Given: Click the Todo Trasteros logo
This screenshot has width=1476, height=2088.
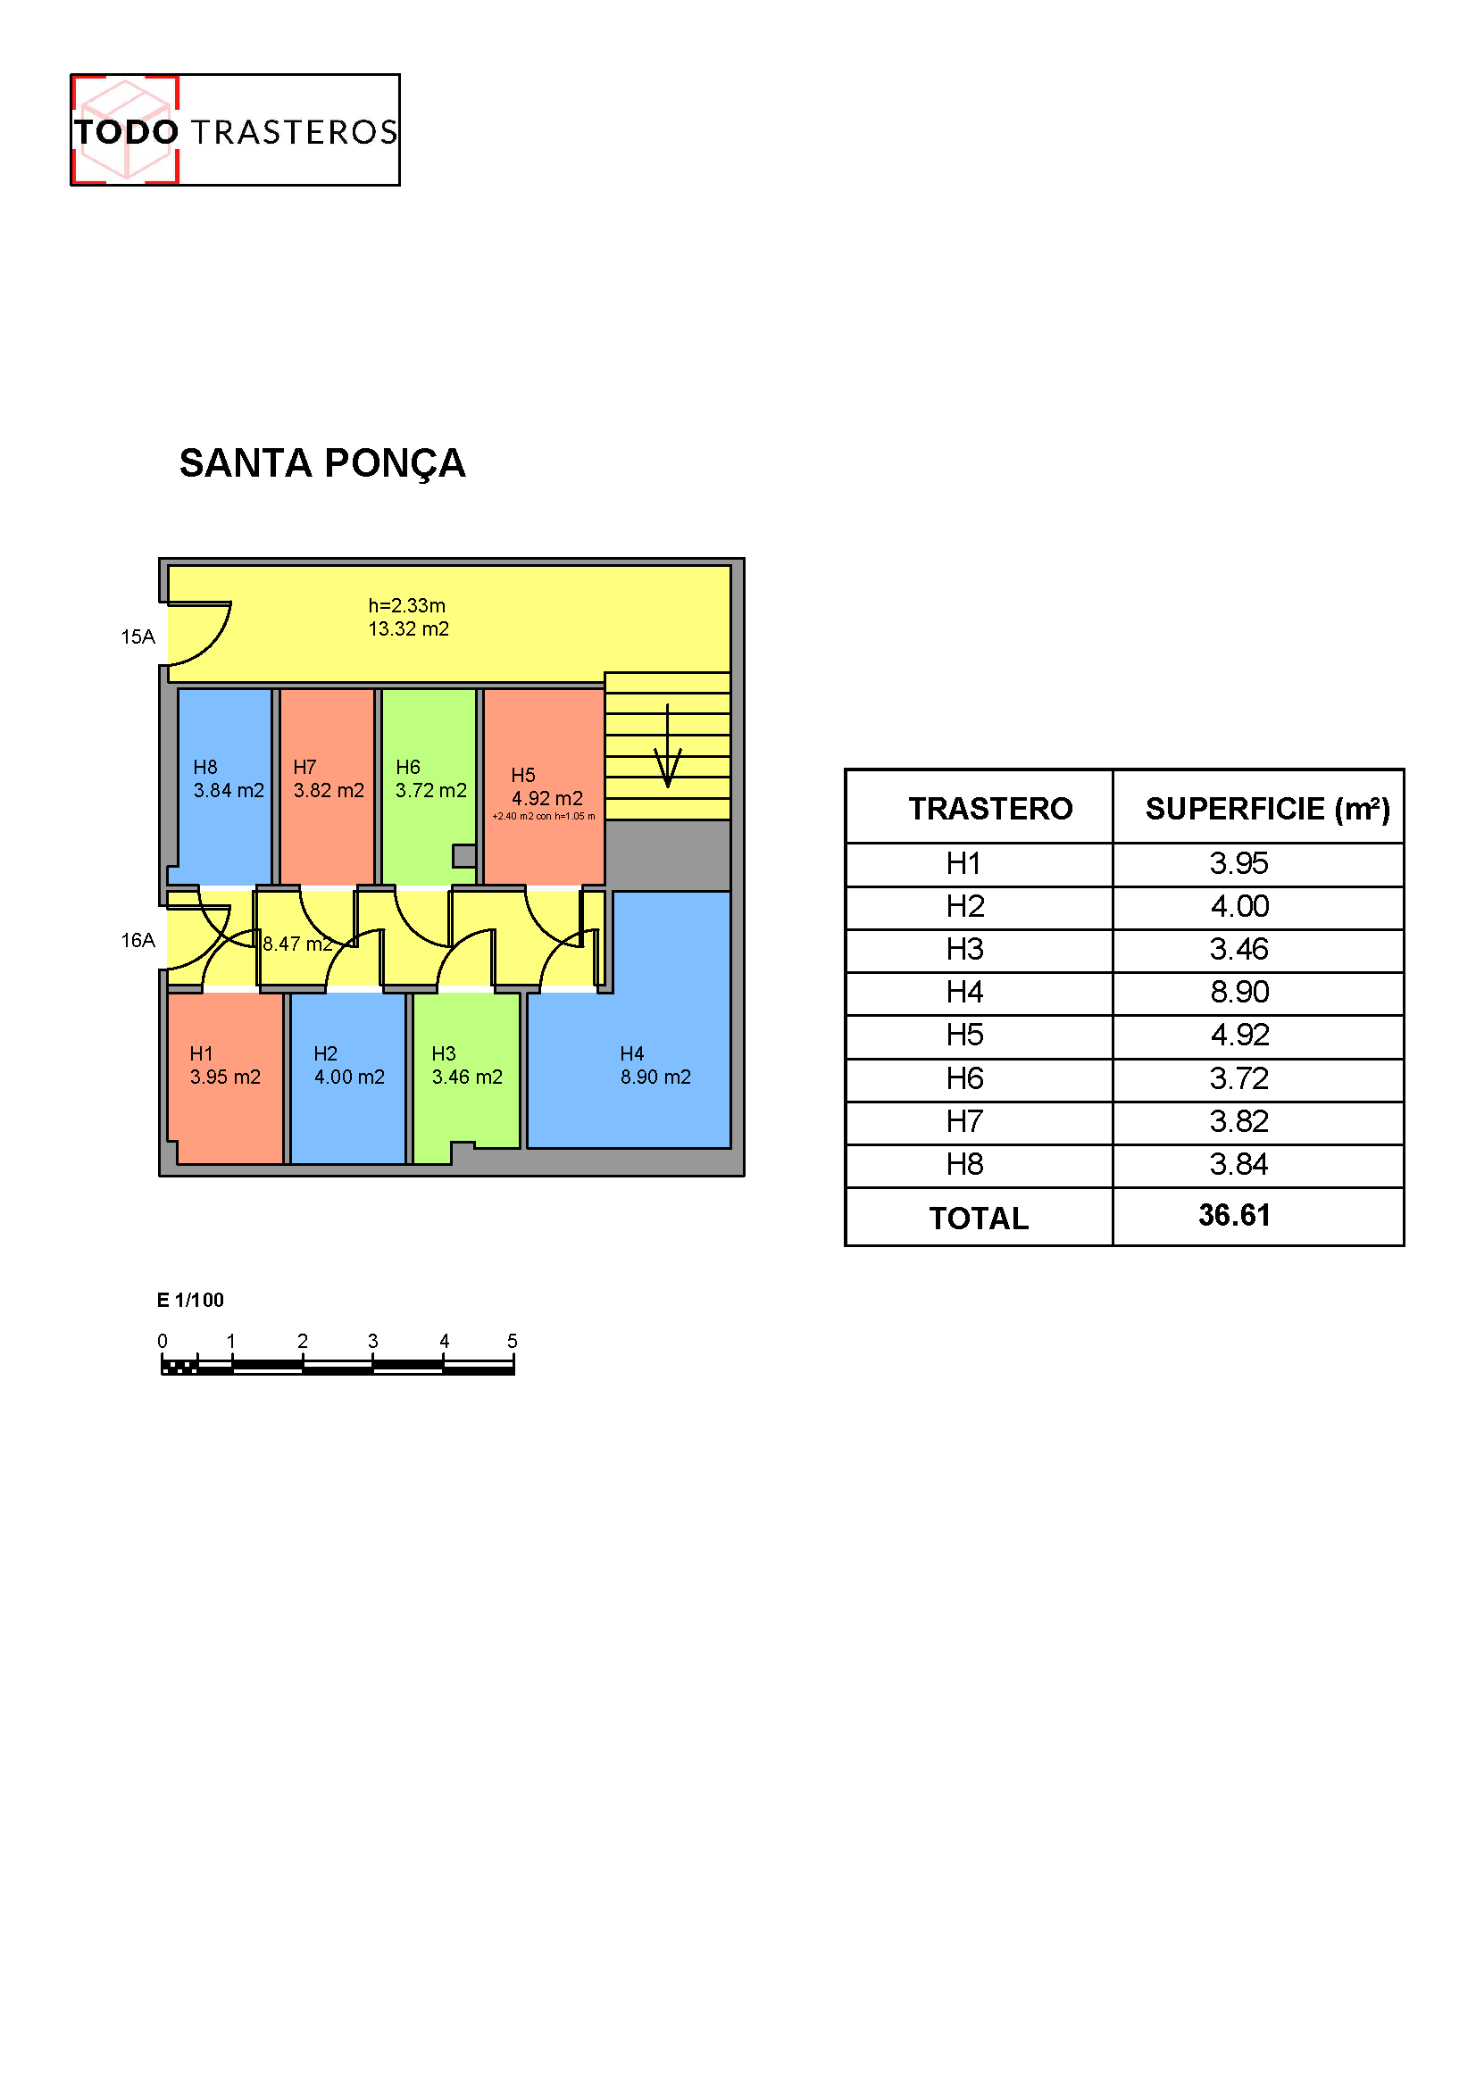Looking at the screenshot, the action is click(x=235, y=130).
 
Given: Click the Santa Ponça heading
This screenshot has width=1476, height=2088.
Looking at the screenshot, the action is click(x=322, y=463).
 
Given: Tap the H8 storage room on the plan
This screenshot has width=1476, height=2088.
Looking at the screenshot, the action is click(x=224, y=786).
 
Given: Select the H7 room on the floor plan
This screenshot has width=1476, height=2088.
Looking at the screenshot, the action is click(x=328, y=786).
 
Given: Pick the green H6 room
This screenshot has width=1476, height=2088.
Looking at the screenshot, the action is click(x=429, y=786).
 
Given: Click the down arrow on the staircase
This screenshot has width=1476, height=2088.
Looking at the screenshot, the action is click(x=668, y=745).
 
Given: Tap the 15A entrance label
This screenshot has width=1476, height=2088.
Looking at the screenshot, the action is click(x=138, y=636).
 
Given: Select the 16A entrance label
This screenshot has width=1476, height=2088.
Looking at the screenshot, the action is click(x=138, y=940).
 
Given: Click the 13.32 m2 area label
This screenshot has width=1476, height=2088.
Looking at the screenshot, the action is click(x=408, y=628).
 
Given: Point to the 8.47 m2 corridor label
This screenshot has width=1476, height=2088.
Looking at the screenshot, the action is click(x=297, y=944).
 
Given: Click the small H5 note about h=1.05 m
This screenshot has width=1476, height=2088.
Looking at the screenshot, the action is click(x=544, y=816).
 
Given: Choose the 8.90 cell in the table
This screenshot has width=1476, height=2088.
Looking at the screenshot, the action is click(x=1239, y=992).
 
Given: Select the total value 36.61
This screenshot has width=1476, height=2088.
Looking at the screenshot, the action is click(x=1234, y=1215).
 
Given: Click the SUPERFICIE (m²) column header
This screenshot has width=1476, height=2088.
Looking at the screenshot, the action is click(x=1268, y=809).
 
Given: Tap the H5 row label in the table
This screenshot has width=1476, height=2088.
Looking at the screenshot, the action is click(x=965, y=1035).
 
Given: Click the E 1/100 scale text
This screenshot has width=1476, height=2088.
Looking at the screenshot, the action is click(x=190, y=1300).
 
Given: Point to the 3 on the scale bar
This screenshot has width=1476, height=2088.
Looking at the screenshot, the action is click(x=373, y=1341).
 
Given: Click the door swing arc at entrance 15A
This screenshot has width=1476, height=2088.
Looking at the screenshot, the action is click(x=215, y=647).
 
